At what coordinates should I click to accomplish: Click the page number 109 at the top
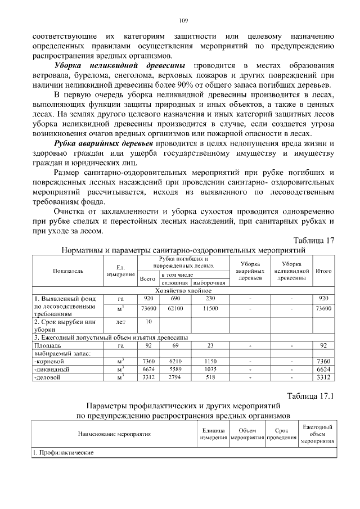pos(183,20)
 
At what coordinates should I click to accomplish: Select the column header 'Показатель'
pos(68,271)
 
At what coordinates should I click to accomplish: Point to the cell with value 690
pos(175,298)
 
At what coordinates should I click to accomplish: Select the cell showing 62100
pos(175,308)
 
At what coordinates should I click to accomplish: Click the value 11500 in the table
pos(210,308)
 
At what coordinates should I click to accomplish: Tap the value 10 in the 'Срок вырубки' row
pos(148,321)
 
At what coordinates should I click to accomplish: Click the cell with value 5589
pos(175,369)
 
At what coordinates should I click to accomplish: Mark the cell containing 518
pos(210,378)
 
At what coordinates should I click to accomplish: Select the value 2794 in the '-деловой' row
pos(175,378)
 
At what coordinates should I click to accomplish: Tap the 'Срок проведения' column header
pos(277,434)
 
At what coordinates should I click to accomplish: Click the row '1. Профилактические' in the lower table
pos(62,452)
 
